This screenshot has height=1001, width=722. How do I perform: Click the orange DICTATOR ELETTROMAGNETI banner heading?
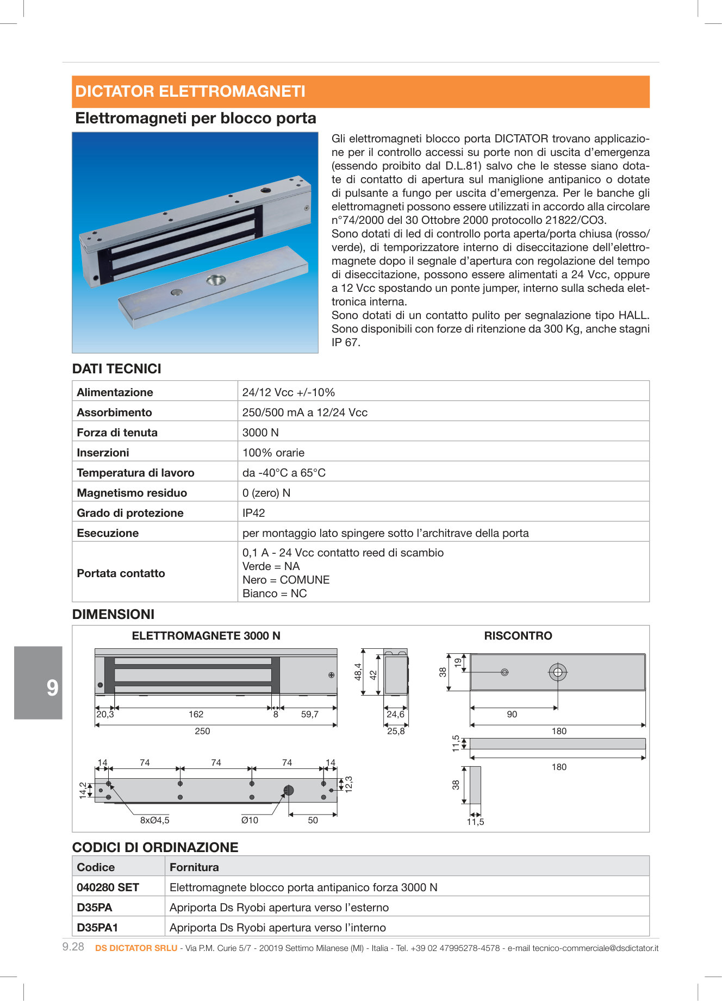[x=190, y=91]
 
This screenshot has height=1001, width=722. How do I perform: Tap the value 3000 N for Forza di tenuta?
[x=260, y=433]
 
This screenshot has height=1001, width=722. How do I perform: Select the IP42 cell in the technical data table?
[x=253, y=513]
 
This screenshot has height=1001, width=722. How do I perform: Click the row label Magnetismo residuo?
[x=132, y=493]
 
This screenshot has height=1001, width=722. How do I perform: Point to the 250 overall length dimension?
[x=202, y=731]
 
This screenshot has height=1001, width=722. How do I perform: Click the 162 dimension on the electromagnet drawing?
[x=196, y=715]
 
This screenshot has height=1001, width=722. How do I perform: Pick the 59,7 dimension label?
[x=310, y=715]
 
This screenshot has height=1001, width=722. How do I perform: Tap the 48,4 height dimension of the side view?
[x=358, y=672]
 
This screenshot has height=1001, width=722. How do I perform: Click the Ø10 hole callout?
[x=250, y=821]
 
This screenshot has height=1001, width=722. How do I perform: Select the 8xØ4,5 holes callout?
[x=155, y=821]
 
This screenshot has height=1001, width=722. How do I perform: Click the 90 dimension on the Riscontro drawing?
[x=512, y=715]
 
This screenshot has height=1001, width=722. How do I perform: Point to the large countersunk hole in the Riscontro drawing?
[x=558, y=673]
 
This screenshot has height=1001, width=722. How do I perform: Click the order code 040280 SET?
[x=108, y=887]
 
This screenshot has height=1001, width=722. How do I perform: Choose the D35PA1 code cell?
[x=97, y=928]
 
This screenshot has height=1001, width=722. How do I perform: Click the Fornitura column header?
[x=194, y=867]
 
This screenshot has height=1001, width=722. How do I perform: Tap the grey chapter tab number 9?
[x=52, y=688]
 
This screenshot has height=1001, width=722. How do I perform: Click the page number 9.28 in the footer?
[x=73, y=947]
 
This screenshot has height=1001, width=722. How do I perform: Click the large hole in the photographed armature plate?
[x=216, y=280]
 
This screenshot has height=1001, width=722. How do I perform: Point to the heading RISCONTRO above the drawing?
[x=518, y=636]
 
